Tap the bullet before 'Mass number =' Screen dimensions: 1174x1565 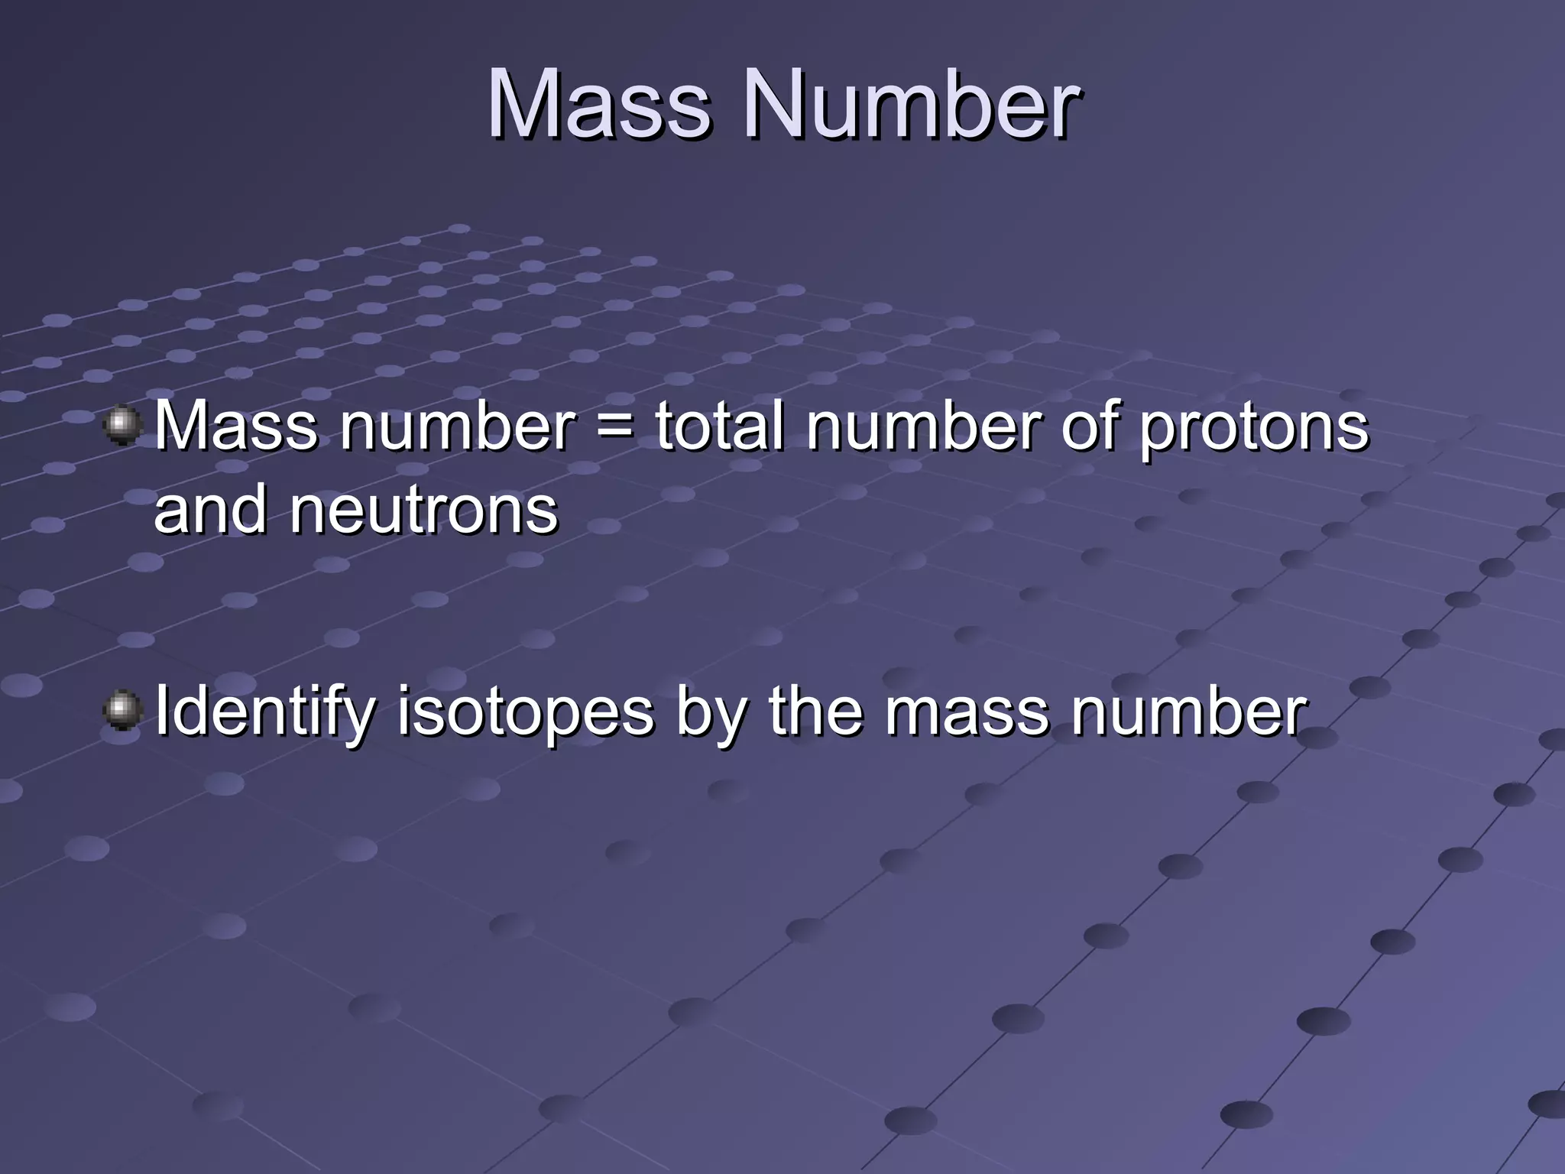pyautogui.click(x=122, y=426)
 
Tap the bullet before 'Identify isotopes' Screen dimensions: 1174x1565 pyautogui.click(x=122, y=712)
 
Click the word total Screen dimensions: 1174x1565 pyautogui.click(x=719, y=426)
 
